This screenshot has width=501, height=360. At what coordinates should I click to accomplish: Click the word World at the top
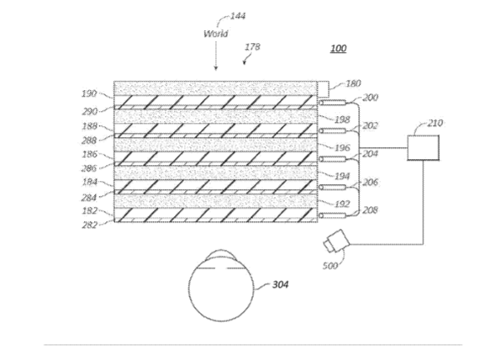coord(216,34)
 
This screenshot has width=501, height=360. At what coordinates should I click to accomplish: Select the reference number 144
coord(238,16)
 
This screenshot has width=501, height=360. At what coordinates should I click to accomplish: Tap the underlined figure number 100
coord(339,48)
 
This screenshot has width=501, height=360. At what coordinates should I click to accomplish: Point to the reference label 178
coord(252,47)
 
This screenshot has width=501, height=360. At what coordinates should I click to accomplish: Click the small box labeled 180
coord(323,89)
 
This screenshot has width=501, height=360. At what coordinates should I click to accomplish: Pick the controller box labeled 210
coord(423,148)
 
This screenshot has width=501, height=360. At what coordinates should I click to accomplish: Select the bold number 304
coord(280,284)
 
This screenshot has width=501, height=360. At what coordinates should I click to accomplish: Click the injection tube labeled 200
coord(332,103)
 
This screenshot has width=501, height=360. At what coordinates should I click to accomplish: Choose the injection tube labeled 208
coord(332,215)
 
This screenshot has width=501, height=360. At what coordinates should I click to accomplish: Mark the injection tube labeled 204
coord(332,159)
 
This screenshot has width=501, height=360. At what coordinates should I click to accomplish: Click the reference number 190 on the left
coord(89,93)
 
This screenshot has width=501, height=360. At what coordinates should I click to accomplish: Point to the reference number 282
coord(89,225)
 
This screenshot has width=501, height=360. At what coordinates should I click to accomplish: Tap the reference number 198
coord(342,119)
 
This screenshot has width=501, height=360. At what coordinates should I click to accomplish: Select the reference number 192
coord(342,204)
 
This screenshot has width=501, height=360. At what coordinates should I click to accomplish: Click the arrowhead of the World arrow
coord(216,68)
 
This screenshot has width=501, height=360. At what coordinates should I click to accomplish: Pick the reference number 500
coord(330,266)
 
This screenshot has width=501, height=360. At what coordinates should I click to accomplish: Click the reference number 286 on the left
coord(89,168)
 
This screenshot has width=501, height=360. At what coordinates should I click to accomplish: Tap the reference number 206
coord(371,183)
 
